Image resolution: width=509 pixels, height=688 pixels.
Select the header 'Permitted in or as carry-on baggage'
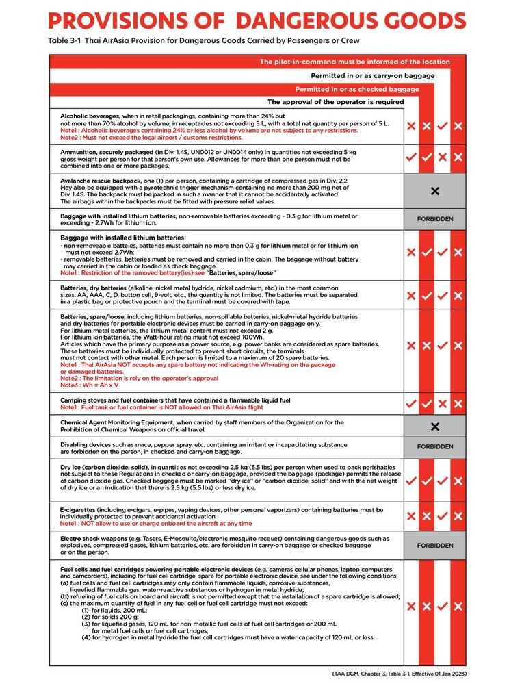pos(372,75)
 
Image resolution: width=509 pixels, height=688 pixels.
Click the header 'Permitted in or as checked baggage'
pos(356,89)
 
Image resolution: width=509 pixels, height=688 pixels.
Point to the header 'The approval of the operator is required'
pos(335,102)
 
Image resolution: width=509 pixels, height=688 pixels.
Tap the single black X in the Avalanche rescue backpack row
pos(434,191)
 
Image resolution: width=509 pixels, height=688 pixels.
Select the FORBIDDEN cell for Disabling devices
pos(434,446)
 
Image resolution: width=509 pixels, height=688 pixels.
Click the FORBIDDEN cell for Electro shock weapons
pos(434,546)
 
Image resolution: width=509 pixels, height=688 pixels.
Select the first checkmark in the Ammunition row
pos(410,157)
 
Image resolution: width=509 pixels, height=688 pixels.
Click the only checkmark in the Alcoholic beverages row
pos(442,126)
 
